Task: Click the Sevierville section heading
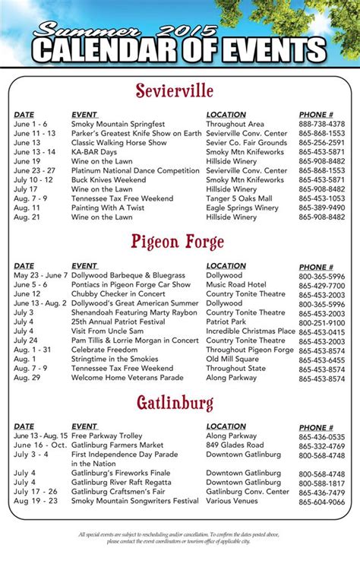[175, 91]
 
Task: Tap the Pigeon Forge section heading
[177, 243]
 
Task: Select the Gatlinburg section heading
[175, 401]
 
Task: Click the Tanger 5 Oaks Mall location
[238, 198]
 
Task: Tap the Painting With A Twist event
[106, 208]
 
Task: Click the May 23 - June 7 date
[40, 276]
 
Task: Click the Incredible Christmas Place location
[251, 331]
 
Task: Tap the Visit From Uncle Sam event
[108, 331]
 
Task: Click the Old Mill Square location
[232, 359]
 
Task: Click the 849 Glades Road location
[235, 445]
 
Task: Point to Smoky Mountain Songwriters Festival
[134, 502]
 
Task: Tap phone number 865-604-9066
[321, 502]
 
